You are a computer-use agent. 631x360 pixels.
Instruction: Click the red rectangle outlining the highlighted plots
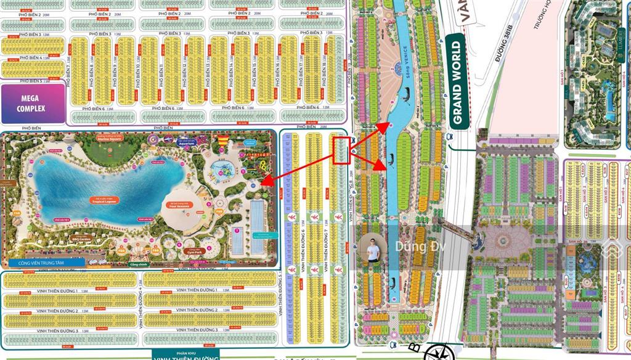(x=341, y=150)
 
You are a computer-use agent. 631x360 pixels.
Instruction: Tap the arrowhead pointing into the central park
(x=264, y=181)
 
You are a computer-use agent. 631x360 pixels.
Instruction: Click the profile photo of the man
(x=372, y=249)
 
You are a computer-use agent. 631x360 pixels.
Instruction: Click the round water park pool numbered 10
(x=219, y=167)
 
